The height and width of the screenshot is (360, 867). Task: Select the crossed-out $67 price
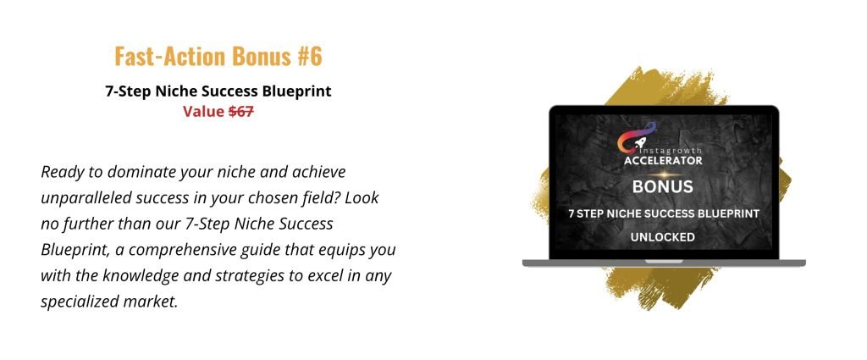[x=241, y=111]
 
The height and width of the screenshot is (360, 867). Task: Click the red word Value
[x=204, y=111]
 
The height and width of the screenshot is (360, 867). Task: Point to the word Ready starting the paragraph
[x=61, y=173]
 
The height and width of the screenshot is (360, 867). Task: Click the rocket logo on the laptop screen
[x=636, y=136]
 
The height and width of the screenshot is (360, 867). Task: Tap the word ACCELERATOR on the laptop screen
[x=663, y=160]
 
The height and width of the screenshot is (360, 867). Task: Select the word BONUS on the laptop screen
[x=662, y=186]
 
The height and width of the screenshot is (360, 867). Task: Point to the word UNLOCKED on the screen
[x=662, y=238]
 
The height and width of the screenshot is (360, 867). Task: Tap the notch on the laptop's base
[x=664, y=262]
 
